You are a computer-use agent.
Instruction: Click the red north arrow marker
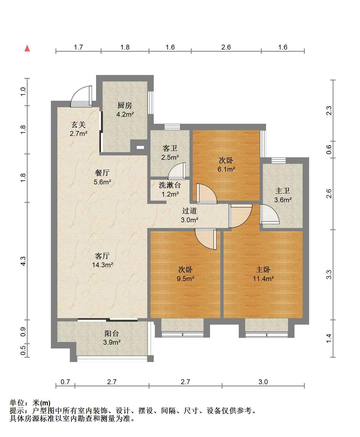tap(27, 48)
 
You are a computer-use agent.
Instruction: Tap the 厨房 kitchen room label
tap(125, 105)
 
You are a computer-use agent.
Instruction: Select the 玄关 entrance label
tap(78, 125)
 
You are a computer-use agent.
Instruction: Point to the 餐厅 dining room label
tap(102, 173)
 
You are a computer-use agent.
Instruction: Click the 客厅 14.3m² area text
tap(102, 265)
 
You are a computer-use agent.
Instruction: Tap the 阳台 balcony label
tap(112, 334)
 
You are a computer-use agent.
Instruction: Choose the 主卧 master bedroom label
tap(263, 269)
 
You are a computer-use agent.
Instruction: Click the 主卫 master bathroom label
tap(283, 191)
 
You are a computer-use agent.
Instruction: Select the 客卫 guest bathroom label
tap(170, 148)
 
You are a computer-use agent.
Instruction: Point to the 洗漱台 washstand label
tap(170, 185)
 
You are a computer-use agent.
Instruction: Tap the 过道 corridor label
tap(189, 211)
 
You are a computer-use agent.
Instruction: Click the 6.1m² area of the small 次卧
tap(226, 169)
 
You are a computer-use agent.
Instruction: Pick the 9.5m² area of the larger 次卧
tap(186, 278)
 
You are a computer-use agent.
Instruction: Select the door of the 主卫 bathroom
tap(270, 214)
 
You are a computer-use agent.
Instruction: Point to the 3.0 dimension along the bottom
tap(263, 382)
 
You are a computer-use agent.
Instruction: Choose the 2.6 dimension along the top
tap(226, 47)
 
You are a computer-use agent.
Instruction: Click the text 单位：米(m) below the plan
tap(30, 403)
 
